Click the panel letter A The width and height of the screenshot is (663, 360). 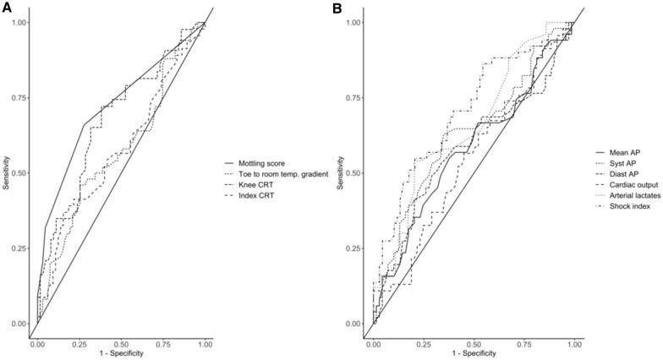point(6,7)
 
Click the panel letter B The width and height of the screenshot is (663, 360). point(339,7)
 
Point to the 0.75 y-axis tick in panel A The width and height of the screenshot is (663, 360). point(19,98)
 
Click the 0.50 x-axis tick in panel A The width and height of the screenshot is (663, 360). point(121,345)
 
